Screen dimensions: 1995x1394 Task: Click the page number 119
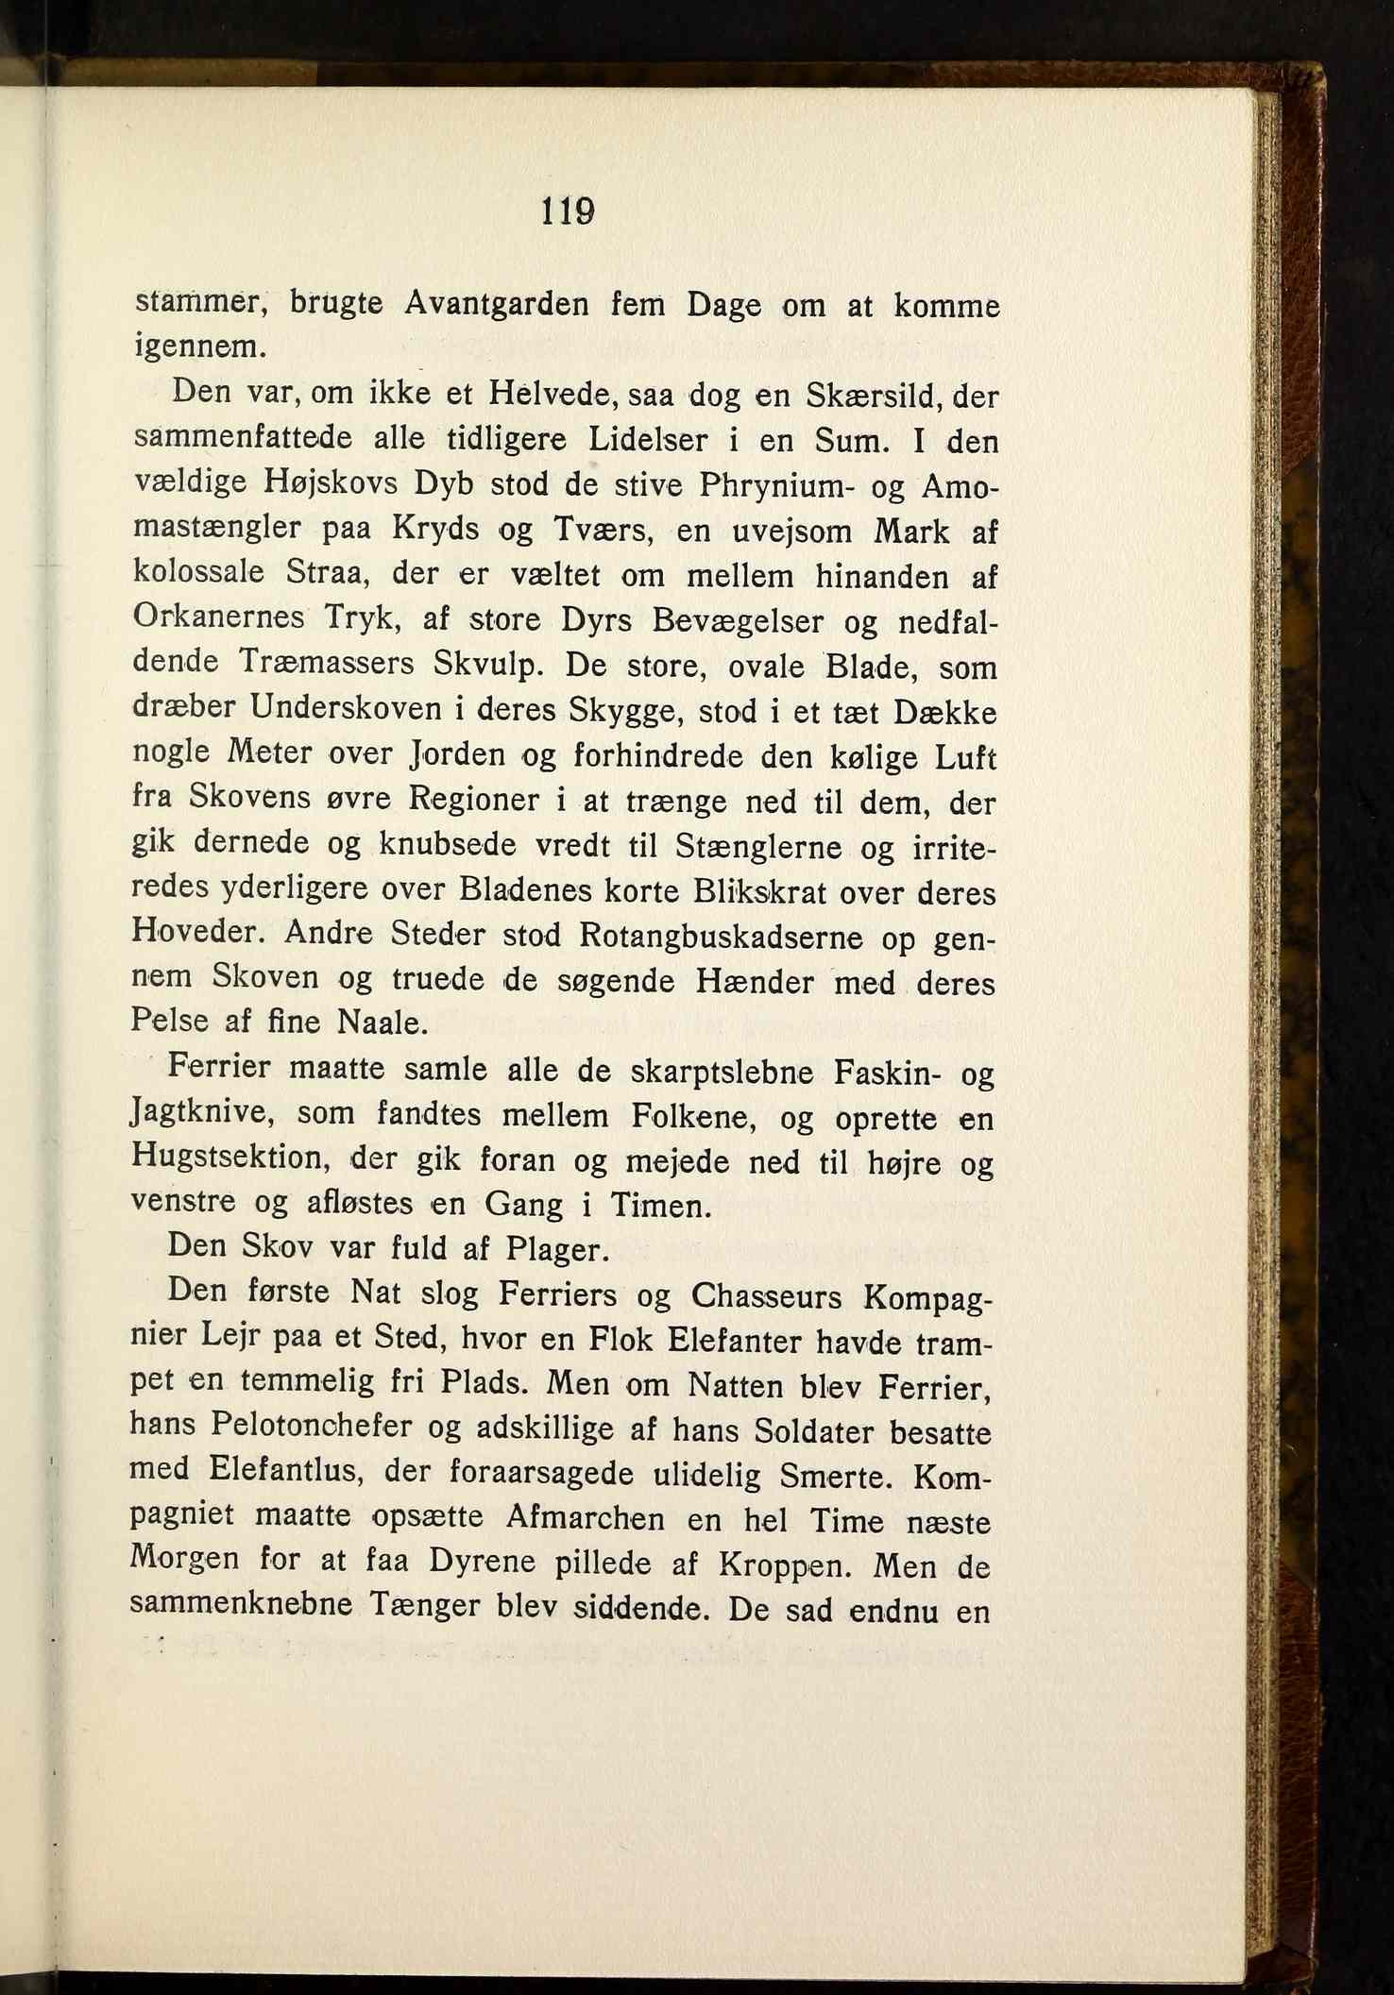(x=567, y=211)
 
